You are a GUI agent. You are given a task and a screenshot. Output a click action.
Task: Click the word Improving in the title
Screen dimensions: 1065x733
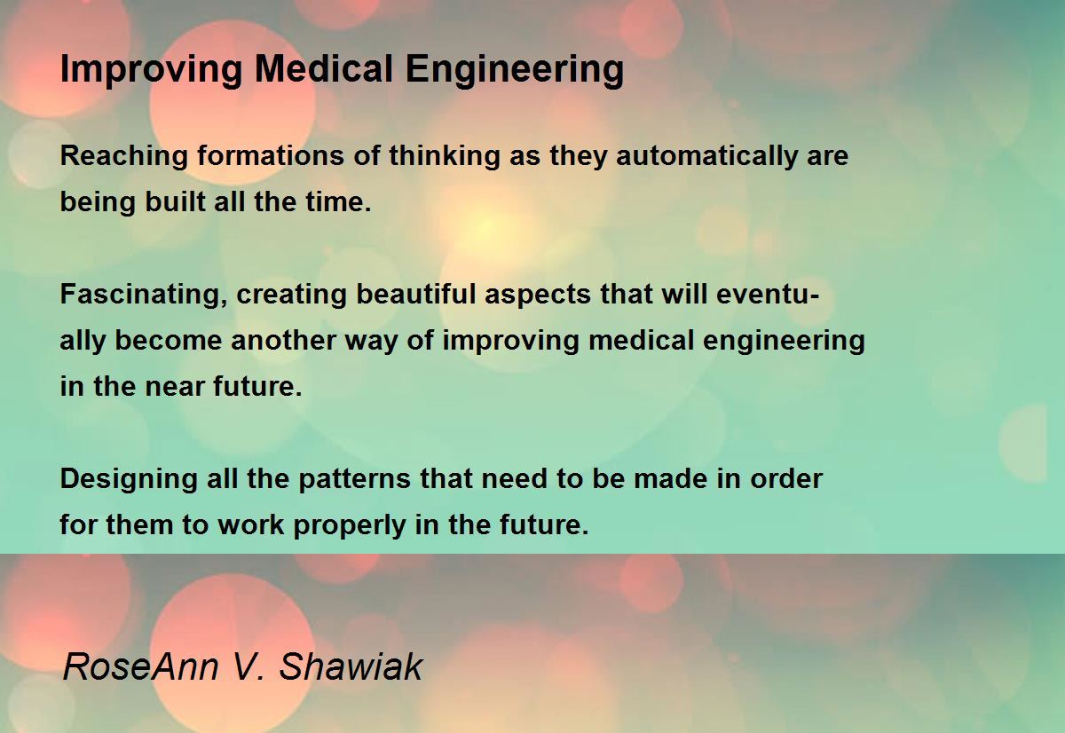(x=151, y=70)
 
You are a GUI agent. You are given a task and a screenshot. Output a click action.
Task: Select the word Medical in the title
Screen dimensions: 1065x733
(x=324, y=68)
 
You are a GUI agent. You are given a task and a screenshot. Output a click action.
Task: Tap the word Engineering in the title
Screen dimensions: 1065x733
(x=515, y=70)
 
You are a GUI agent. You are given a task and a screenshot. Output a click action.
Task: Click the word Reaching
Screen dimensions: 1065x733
(x=124, y=156)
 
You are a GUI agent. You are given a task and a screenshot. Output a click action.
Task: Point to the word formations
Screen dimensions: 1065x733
(x=271, y=155)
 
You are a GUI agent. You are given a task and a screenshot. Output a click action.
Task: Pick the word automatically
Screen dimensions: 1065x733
(x=706, y=156)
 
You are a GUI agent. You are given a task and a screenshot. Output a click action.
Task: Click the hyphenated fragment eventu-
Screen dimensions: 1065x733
(x=768, y=294)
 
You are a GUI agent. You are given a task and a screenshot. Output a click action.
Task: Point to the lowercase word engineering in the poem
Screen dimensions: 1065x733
(x=784, y=342)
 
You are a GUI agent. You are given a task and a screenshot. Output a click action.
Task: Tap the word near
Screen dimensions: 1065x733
(x=174, y=386)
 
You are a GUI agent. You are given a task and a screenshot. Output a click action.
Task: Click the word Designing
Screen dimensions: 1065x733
(x=129, y=479)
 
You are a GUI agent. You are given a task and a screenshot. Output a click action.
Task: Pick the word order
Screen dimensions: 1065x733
(x=786, y=478)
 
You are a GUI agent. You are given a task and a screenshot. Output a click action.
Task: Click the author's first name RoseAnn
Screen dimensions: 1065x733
(x=141, y=666)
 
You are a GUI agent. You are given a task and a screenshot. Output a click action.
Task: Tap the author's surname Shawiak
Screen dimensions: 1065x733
(x=351, y=666)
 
